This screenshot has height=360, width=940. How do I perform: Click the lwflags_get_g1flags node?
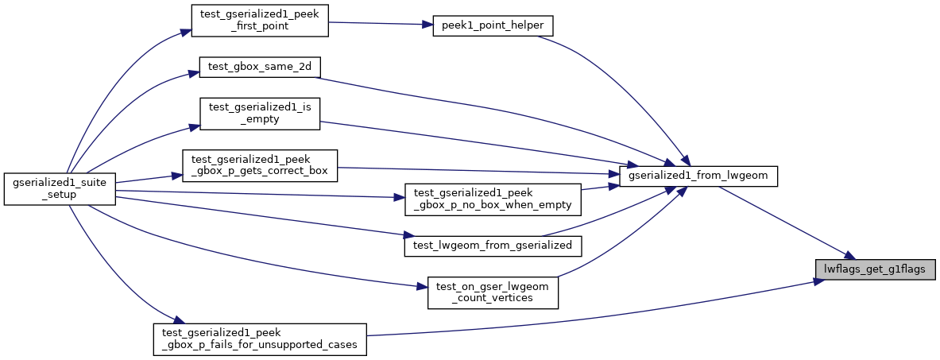(x=876, y=269)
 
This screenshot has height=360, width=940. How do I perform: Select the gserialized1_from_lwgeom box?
(x=698, y=176)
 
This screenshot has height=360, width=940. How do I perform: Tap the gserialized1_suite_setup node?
(x=60, y=189)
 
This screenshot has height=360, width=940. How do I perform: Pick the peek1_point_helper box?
(x=492, y=25)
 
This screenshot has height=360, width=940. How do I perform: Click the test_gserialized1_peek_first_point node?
(x=261, y=20)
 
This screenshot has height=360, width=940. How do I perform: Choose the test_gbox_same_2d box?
(x=259, y=67)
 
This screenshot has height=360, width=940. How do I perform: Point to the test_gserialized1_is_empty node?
(x=259, y=113)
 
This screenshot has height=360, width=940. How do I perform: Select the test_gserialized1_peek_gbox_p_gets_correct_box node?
(x=261, y=165)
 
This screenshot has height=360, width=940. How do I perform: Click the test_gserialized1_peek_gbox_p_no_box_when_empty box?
(x=493, y=199)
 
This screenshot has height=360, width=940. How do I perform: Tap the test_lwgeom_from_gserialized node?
(x=493, y=246)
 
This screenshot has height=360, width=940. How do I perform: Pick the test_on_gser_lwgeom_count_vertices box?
(x=493, y=292)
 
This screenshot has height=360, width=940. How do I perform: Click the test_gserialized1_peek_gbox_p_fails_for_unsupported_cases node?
(x=259, y=339)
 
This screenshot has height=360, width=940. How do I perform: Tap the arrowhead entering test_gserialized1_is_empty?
(x=193, y=127)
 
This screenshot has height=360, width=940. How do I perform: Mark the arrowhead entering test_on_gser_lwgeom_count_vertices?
(x=423, y=286)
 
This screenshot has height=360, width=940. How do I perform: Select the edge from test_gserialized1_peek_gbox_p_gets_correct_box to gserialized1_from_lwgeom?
(x=477, y=170)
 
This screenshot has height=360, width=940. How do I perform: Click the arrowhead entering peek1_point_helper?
(x=426, y=25)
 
